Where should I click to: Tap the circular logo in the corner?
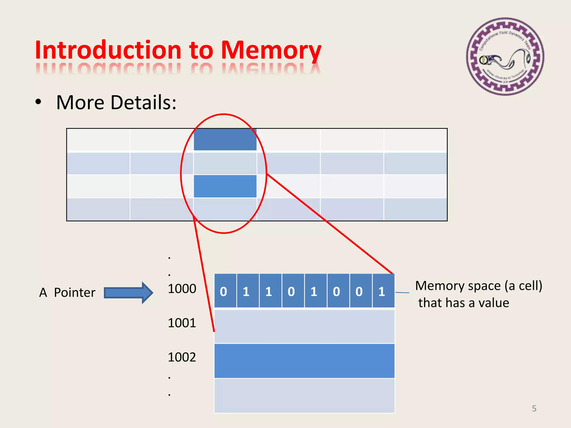(505, 57)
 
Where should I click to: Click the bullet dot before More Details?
(38, 102)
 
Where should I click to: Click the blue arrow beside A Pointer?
(128, 293)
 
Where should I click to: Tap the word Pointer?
(74, 293)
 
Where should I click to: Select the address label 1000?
(182, 289)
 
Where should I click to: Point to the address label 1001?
(182, 323)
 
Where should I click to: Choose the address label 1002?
(182, 357)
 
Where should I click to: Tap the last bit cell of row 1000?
(383, 291)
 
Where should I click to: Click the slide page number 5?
(534, 408)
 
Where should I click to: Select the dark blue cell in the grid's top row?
(225, 139)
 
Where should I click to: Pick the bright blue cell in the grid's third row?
(225, 186)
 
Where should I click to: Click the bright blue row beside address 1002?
(304, 361)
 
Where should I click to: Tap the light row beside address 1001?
(304, 326)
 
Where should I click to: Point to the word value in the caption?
(493, 303)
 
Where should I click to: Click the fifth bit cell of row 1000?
(315, 291)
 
